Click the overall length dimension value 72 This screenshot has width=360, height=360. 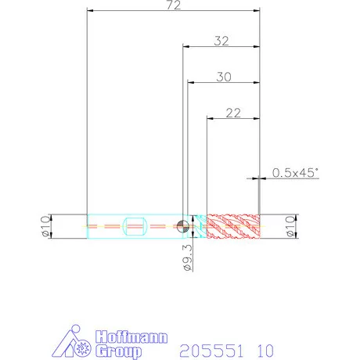pyautogui.click(x=174, y=5)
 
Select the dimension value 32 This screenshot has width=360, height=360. pyautogui.click(x=221, y=41)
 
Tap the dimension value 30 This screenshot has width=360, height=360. pyautogui.click(x=224, y=77)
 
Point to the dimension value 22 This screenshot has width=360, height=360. pyautogui.click(x=233, y=113)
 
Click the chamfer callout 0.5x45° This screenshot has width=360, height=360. pyautogui.click(x=295, y=173)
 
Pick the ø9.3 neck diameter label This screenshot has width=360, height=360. pyautogui.click(x=188, y=257)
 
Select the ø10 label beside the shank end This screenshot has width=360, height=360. pyautogui.click(x=45, y=226)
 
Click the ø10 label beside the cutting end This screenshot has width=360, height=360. pyautogui.click(x=290, y=226)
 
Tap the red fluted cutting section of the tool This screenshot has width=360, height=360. pyautogui.click(x=233, y=226)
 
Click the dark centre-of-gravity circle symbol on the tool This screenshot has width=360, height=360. pyautogui.click(x=183, y=226)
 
